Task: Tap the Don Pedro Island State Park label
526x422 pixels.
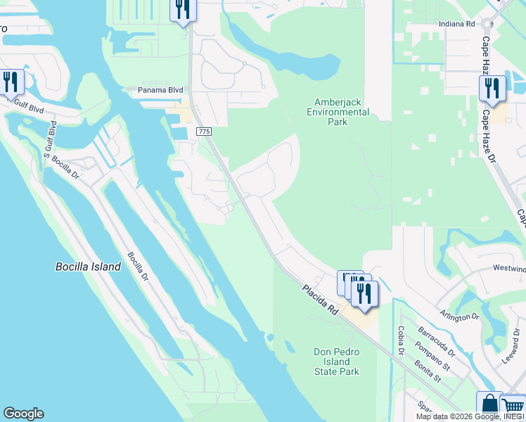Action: coord(336,362)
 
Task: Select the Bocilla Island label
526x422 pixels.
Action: coord(88,267)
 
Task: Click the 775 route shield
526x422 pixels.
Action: coord(204,132)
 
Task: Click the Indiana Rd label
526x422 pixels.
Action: coord(457,23)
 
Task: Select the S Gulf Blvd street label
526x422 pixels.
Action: coord(52,137)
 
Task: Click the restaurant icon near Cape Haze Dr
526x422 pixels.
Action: coord(492,89)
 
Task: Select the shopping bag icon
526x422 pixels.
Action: coord(489,406)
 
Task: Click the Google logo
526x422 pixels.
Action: coord(23,414)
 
